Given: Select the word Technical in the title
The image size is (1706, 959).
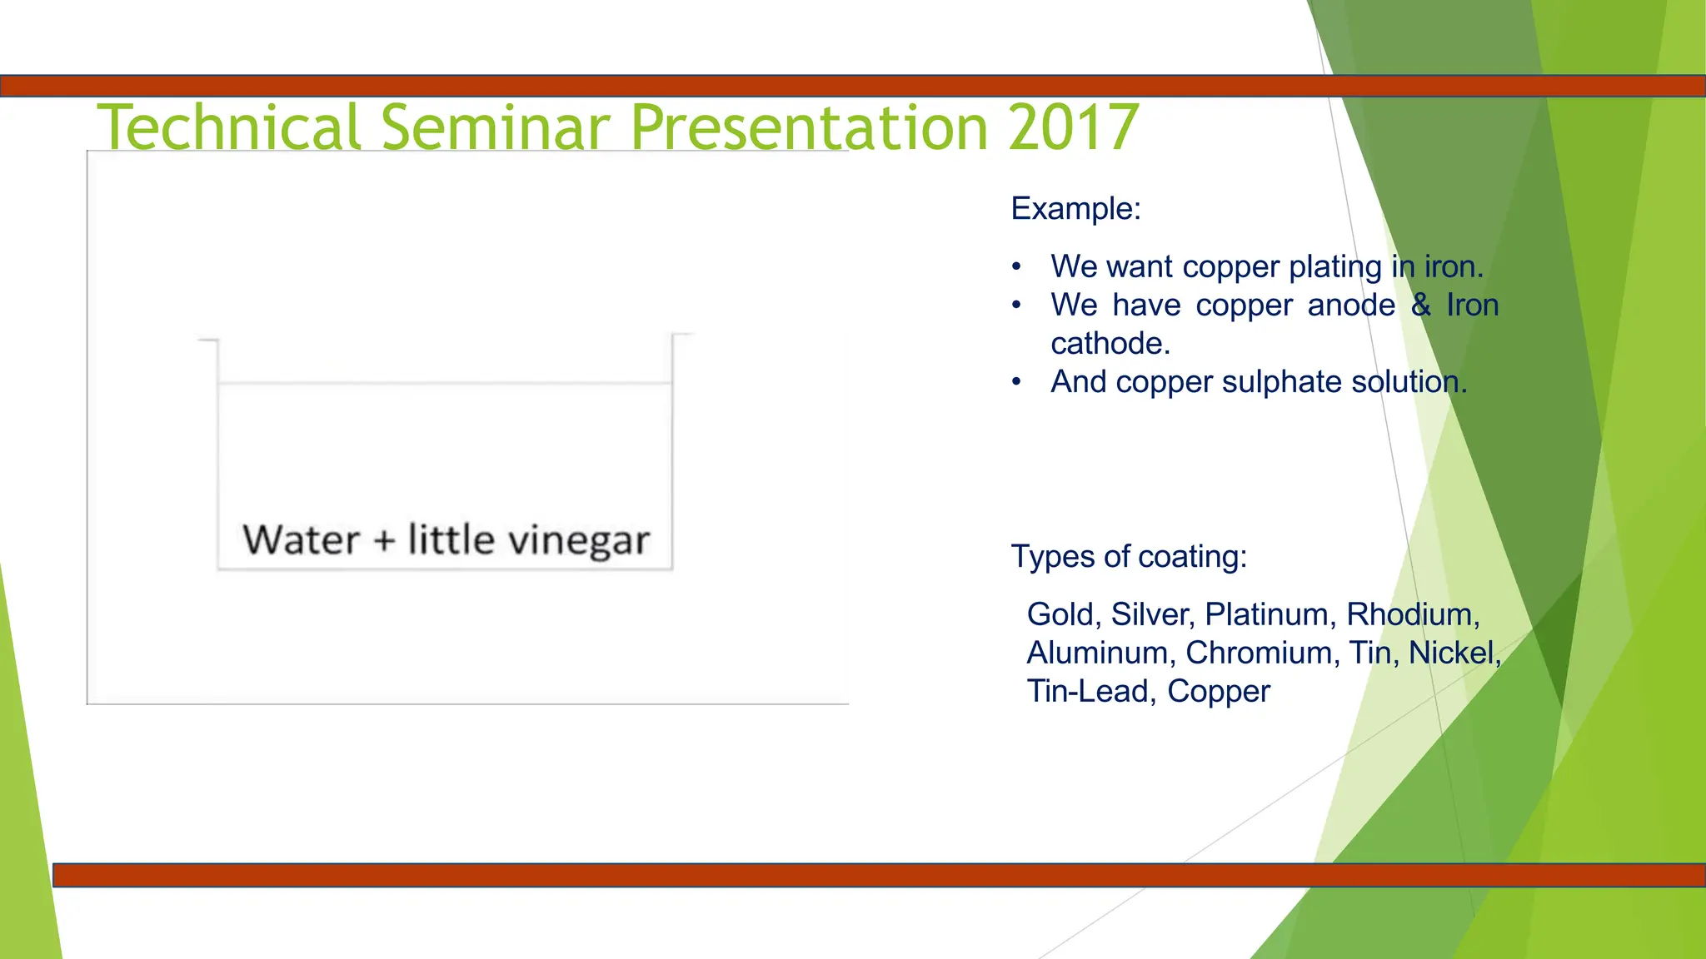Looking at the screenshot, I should pyautogui.click(x=230, y=127).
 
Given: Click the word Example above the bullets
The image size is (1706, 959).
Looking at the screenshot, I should pyautogui.click(x=1073, y=208).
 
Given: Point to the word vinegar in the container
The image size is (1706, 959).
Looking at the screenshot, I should pyautogui.click(x=579, y=541).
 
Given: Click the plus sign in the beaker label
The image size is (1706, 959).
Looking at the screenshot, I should pyautogui.click(x=383, y=541).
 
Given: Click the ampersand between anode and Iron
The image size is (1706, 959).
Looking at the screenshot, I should pyautogui.click(x=1421, y=305).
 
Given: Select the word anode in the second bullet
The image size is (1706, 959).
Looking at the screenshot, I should pyautogui.click(x=1350, y=305).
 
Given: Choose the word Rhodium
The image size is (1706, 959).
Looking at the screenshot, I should pyautogui.click(x=1411, y=614).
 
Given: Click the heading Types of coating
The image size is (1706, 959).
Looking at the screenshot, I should pyautogui.click(x=1128, y=556).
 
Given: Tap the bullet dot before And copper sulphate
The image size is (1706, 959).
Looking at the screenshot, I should pyautogui.click(x=1016, y=382).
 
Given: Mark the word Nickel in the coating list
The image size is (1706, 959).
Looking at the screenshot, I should pyautogui.click(x=1453, y=653).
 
